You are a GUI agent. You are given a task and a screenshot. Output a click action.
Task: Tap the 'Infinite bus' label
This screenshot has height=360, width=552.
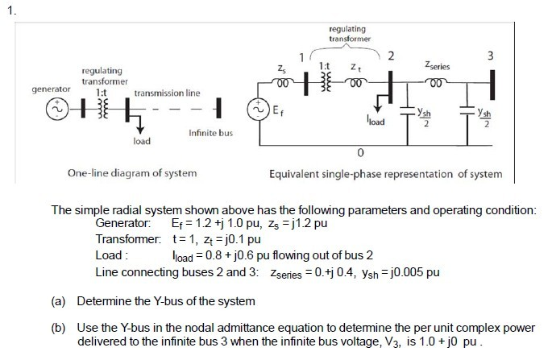pyautogui.click(x=210, y=133)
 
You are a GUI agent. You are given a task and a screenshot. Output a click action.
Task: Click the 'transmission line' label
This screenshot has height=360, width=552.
pyautogui.click(x=167, y=93)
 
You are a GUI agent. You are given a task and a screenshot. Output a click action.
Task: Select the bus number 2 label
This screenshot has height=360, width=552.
pyautogui.click(x=391, y=55)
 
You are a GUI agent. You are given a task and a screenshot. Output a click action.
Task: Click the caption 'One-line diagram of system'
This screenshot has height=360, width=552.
pyautogui.click(x=132, y=173)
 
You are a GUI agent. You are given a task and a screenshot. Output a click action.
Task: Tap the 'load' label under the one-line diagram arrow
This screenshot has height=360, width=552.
pyautogui.click(x=142, y=142)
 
